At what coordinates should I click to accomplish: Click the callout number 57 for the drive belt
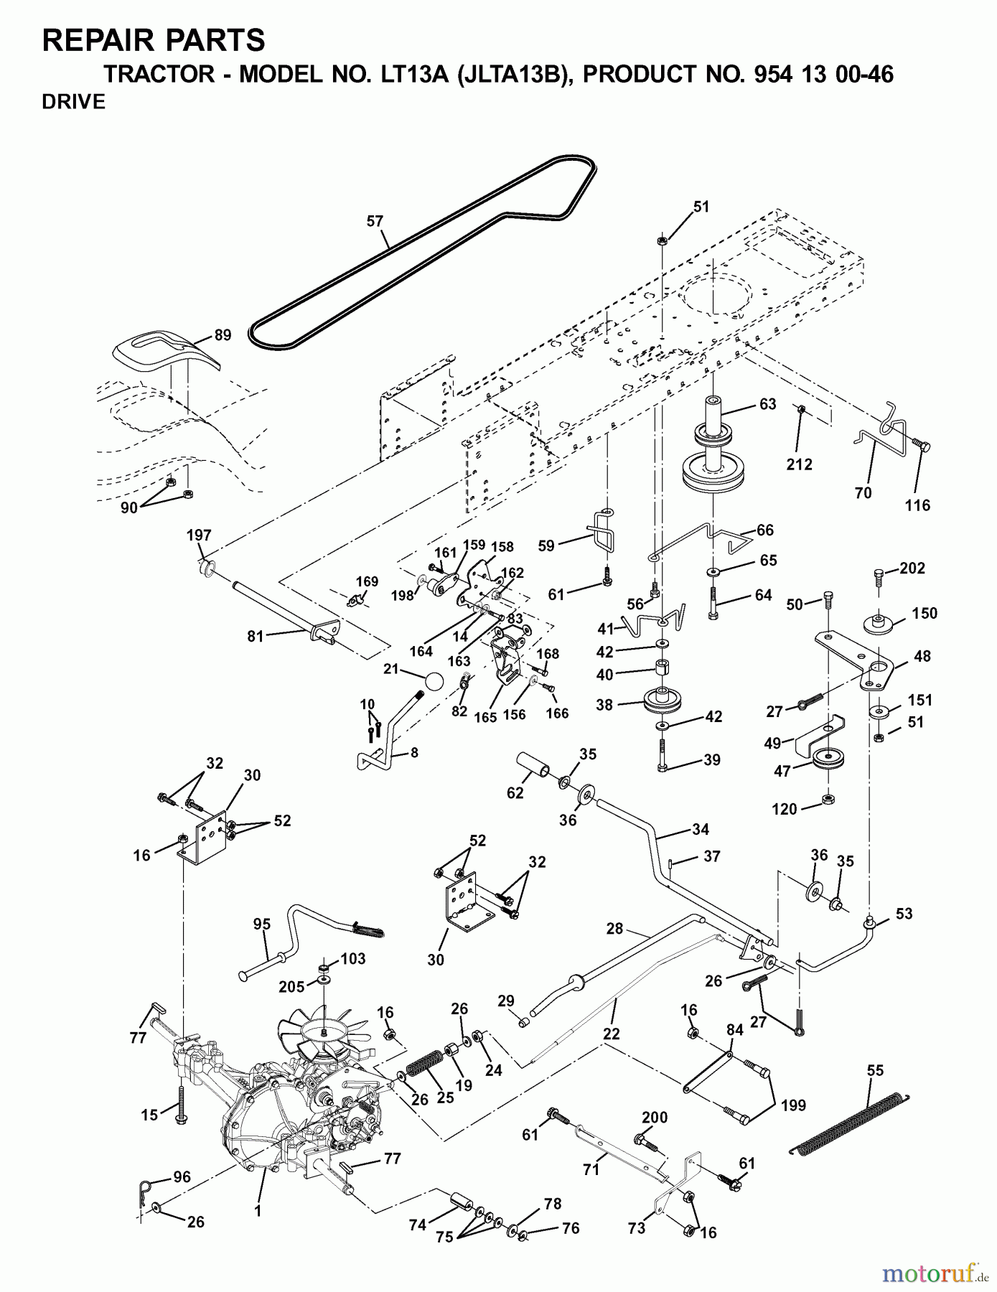click(375, 221)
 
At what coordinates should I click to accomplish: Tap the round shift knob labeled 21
click(434, 680)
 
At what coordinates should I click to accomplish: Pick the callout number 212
click(799, 464)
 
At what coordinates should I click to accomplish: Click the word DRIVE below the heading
click(74, 102)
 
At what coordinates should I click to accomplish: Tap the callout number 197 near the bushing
click(199, 535)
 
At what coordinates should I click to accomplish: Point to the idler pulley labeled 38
click(665, 701)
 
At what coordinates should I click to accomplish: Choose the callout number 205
click(291, 987)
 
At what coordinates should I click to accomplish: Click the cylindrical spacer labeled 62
click(535, 765)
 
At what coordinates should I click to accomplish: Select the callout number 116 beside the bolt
click(917, 505)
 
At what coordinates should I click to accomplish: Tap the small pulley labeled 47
click(827, 758)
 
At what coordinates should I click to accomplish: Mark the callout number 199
click(793, 1105)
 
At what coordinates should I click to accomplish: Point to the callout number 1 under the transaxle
click(258, 1211)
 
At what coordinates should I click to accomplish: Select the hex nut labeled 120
click(827, 799)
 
